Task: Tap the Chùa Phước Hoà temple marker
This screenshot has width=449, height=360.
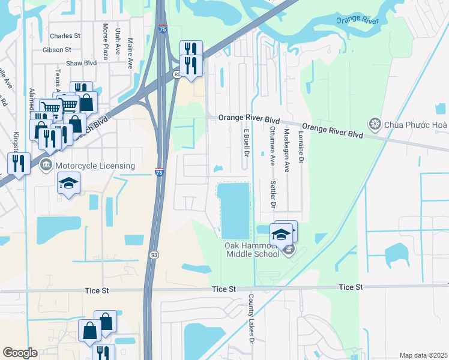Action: pyautogui.click(x=375, y=124)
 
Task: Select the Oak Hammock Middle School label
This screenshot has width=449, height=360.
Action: pyautogui.click(x=252, y=250)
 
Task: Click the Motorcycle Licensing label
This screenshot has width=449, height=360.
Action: pyautogui.click(x=95, y=166)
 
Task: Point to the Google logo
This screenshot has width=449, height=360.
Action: pyautogui.click(x=20, y=353)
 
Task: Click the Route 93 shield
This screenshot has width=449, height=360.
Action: pyautogui.click(x=154, y=256)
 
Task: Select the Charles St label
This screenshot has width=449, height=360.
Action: pyautogui.click(x=65, y=36)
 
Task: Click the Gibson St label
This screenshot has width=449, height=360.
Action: pyautogui.click(x=57, y=50)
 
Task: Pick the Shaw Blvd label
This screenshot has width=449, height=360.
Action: pyautogui.click(x=65, y=63)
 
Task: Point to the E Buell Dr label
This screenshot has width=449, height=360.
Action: pyautogui.click(x=246, y=142)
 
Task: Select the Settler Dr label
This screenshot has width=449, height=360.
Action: pyautogui.click(x=273, y=194)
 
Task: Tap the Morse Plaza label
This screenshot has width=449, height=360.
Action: pyautogui.click(x=105, y=41)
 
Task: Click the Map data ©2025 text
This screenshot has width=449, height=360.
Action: pyautogui.click(x=424, y=355)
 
